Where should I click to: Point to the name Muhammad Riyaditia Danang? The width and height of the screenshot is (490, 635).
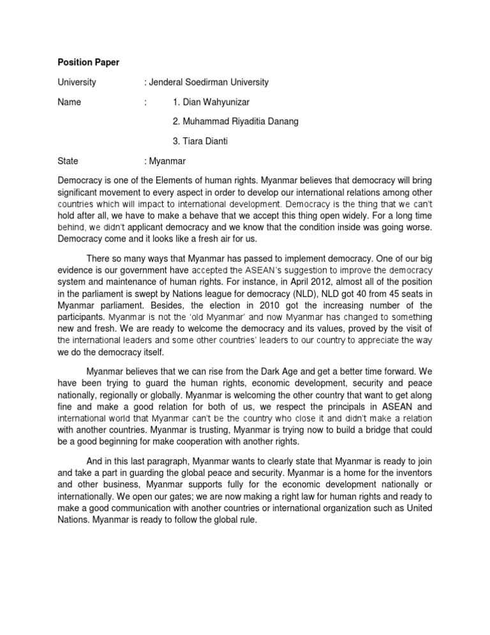coord(236,121)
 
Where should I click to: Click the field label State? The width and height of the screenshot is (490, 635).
coord(68,161)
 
